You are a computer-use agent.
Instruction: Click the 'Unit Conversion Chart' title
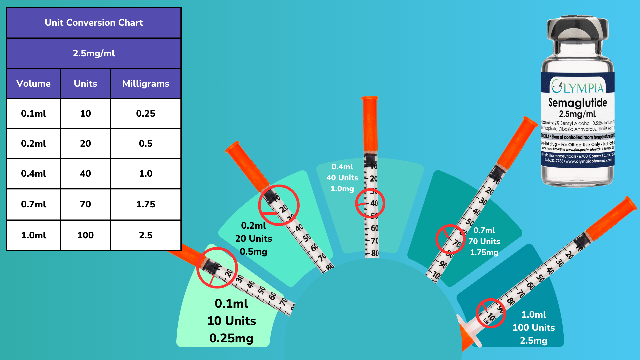94,23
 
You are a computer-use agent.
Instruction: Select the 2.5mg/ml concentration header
94,53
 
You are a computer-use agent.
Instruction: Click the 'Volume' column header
33,84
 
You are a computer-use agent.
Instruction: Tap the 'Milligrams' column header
146,84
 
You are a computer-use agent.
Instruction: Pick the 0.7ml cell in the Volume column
33,204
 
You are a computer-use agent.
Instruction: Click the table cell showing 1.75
146,204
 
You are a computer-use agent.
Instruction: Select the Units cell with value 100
85,235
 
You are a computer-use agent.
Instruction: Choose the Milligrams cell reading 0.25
146,114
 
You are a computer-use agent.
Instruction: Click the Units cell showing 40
85,174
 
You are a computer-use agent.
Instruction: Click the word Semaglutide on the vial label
578,103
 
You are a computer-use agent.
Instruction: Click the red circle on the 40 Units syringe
370,203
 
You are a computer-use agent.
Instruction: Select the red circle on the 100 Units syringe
490,313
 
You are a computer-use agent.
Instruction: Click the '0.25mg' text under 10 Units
231,338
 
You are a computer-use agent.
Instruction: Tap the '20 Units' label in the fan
254,239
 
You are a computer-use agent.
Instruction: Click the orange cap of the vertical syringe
370,123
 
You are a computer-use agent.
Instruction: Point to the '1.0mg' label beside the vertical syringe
342,189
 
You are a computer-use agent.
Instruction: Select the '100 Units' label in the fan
534,328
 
